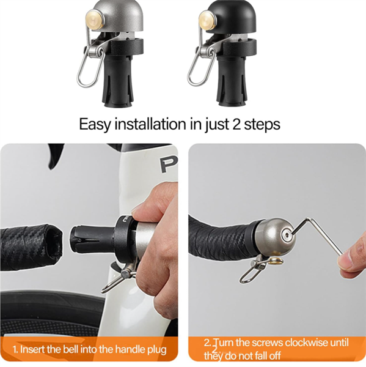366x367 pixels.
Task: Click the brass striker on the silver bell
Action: click(95, 19)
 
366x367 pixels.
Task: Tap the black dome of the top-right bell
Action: click(230, 17)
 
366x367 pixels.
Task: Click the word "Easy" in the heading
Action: click(95, 125)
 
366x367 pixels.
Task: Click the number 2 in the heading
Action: click(236, 124)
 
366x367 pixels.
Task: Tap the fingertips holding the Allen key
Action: click(350, 261)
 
